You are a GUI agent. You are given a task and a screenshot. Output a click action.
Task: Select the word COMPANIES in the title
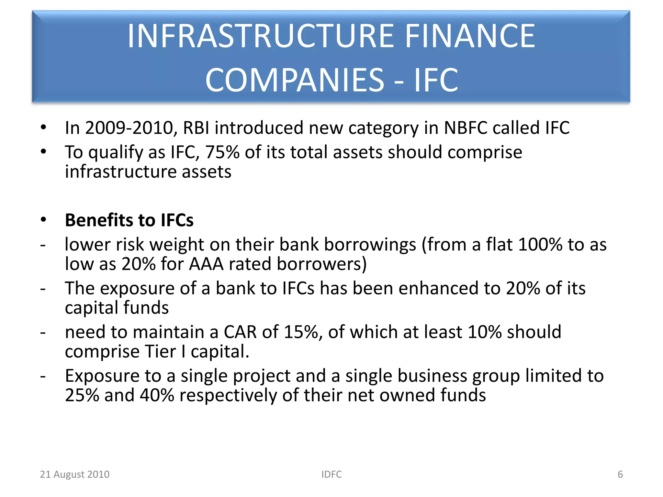295,80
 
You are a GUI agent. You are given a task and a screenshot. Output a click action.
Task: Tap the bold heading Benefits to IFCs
129,220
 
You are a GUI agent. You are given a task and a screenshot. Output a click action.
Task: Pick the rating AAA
206,264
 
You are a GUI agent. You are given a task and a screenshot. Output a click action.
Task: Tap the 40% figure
157,395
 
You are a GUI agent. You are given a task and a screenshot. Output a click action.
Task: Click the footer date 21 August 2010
75,474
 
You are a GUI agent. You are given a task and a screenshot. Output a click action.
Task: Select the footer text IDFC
331,474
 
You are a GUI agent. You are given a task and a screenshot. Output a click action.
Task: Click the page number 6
620,474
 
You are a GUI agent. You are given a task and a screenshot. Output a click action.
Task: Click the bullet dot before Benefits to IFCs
44,220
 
